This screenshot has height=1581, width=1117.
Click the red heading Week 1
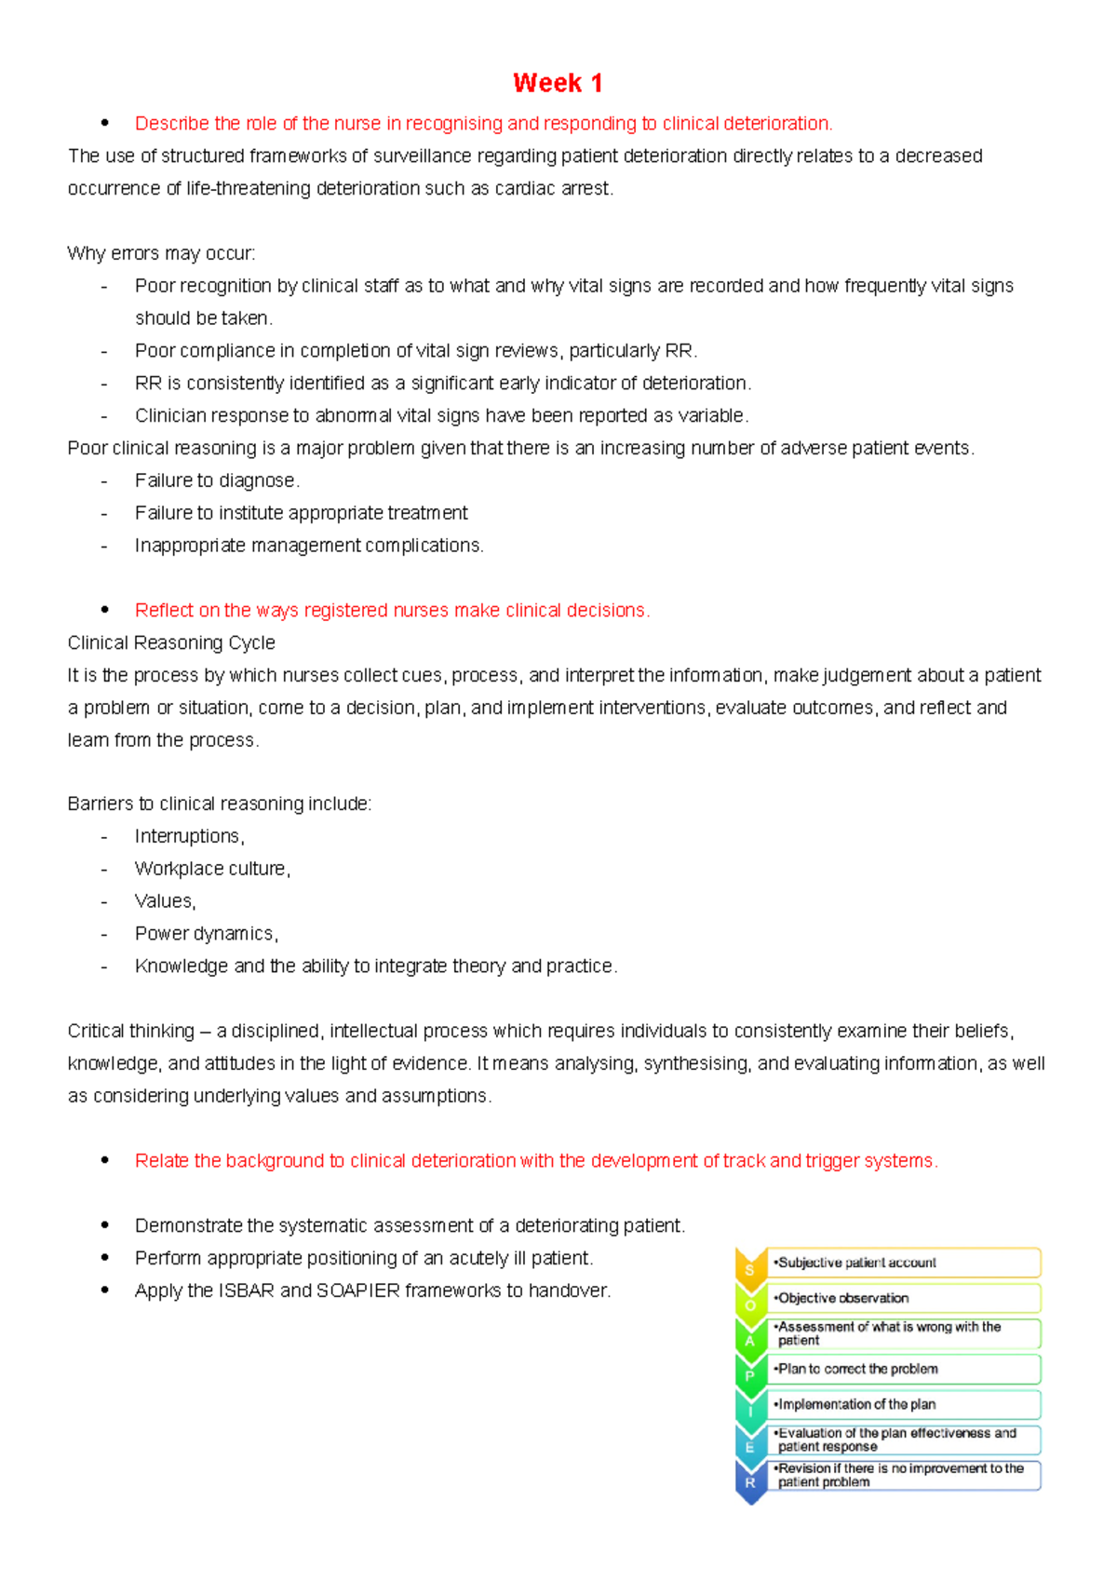(558, 83)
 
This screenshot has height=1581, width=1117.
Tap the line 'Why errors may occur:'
(161, 253)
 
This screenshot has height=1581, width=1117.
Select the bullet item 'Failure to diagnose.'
(217, 480)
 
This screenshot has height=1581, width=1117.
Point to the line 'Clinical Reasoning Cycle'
(171, 642)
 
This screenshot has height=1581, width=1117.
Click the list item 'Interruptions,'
(189, 836)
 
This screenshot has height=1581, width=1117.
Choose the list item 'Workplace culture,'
(212, 869)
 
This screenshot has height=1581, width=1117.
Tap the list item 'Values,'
(165, 901)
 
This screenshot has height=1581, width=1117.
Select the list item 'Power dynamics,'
(206, 934)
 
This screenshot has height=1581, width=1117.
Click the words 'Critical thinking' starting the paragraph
(130, 1031)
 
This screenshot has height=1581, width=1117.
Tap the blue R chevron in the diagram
(750, 1480)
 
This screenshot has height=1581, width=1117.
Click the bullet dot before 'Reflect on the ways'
(105, 610)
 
